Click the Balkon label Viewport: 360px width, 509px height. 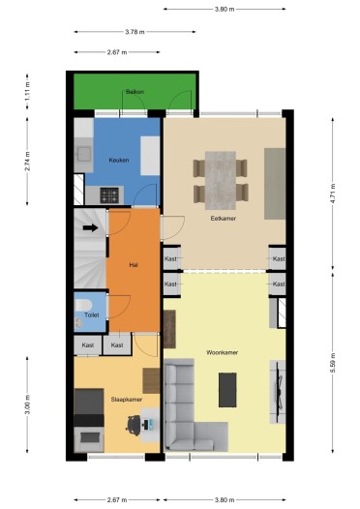click(x=135, y=92)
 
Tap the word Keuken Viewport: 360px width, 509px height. click(x=118, y=161)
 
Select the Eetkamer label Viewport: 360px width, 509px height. click(x=224, y=218)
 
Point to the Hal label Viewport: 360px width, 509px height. click(x=134, y=264)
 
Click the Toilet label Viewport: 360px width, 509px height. click(x=92, y=314)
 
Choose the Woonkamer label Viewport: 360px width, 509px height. click(x=222, y=351)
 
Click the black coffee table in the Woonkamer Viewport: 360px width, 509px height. click(x=227, y=390)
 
